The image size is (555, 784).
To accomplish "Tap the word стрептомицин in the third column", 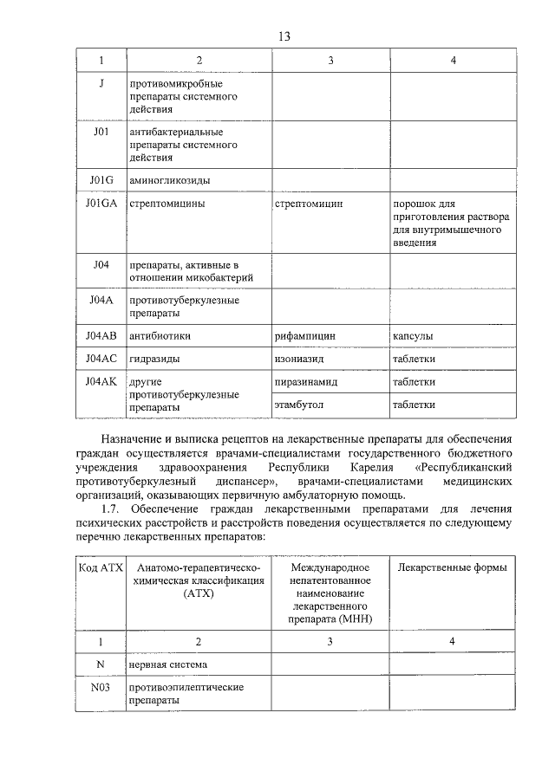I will coord(309,204).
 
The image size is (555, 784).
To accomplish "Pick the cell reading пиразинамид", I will coord(305,381).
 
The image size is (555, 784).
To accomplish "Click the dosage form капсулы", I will coord(413,335).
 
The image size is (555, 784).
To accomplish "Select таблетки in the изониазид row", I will coord(414,359).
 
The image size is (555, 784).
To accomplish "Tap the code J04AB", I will coord(101,335).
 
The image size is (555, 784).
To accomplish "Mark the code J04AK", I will coord(101,381).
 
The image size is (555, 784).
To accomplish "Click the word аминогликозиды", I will coord(169,180).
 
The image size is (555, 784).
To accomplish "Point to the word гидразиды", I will coord(155,359).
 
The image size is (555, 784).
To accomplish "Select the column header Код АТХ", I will coord(101,567).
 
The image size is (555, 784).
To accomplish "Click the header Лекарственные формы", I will coord(452,567).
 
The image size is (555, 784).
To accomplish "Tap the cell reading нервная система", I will coord(168,665).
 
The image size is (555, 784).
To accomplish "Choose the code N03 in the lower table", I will coord(101,687).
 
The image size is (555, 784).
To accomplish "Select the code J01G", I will coord(101,180).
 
